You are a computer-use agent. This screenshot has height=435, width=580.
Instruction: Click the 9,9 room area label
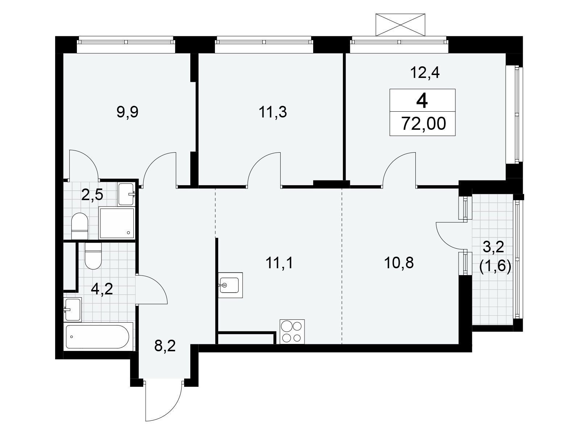(x=127, y=112)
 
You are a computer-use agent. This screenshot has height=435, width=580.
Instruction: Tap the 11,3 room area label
(x=273, y=112)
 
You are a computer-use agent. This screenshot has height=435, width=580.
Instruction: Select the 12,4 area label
(x=424, y=73)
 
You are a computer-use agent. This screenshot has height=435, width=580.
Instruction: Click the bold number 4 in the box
(x=422, y=100)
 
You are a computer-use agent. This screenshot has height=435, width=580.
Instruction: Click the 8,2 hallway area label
(x=165, y=346)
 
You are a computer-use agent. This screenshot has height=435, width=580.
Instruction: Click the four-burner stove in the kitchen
(x=292, y=331)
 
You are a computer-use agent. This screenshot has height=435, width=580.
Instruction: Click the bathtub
(x=98, y=336)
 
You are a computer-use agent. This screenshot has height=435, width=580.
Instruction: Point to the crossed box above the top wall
(x=400, y=25)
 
